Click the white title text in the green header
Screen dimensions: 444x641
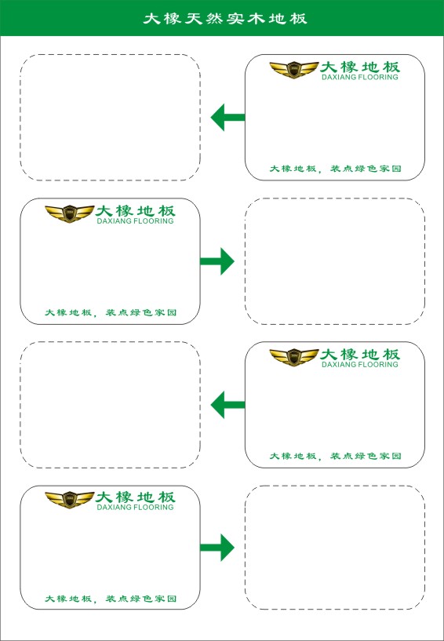[x=225, y=18]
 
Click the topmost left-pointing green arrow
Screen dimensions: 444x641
[x=227, y=118]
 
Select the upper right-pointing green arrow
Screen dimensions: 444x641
[x=217, y=261]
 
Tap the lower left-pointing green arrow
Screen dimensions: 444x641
[x=227, y=405]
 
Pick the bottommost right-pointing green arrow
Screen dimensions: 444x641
[x=217, y=548]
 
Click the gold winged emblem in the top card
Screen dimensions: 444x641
[x=294, y=70]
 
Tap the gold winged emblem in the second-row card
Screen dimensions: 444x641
[x=70, y=213]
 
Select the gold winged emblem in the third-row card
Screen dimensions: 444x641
[x=294, y=357]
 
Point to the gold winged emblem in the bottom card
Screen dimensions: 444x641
[x=70, y=500]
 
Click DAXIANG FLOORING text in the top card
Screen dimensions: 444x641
[x=360, y=77]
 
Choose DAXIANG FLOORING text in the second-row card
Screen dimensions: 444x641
[x=136, y=221]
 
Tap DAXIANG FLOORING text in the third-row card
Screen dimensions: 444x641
[x=360, y=364]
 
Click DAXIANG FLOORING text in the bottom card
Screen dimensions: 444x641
[x=136, y=508]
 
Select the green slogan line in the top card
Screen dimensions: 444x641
[x=335, y=169]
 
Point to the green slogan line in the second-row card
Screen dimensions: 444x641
[x=111, y=312]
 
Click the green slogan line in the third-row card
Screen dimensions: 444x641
[x=335, y=455]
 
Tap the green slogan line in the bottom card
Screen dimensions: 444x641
[x=111, y=599]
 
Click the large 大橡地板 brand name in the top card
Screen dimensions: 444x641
[x=360, y=67]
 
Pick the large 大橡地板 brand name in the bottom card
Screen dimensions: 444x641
[x=136, y=497]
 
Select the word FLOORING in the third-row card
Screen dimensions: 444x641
[x=378, y=364]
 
